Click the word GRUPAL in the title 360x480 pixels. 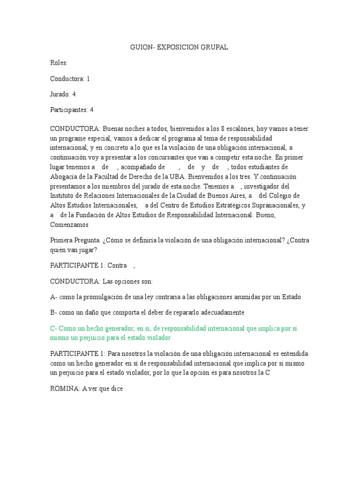click(x=214, y=47)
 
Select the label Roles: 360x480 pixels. click(x=59, y=63)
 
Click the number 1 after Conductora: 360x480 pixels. click(x=88, y=79)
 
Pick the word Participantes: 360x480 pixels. click(x=69, y=110)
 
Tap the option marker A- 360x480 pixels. click(x=53, y=297)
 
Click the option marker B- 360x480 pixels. click(x=53, y=312)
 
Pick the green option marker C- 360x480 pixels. click(x=53, y=329)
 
